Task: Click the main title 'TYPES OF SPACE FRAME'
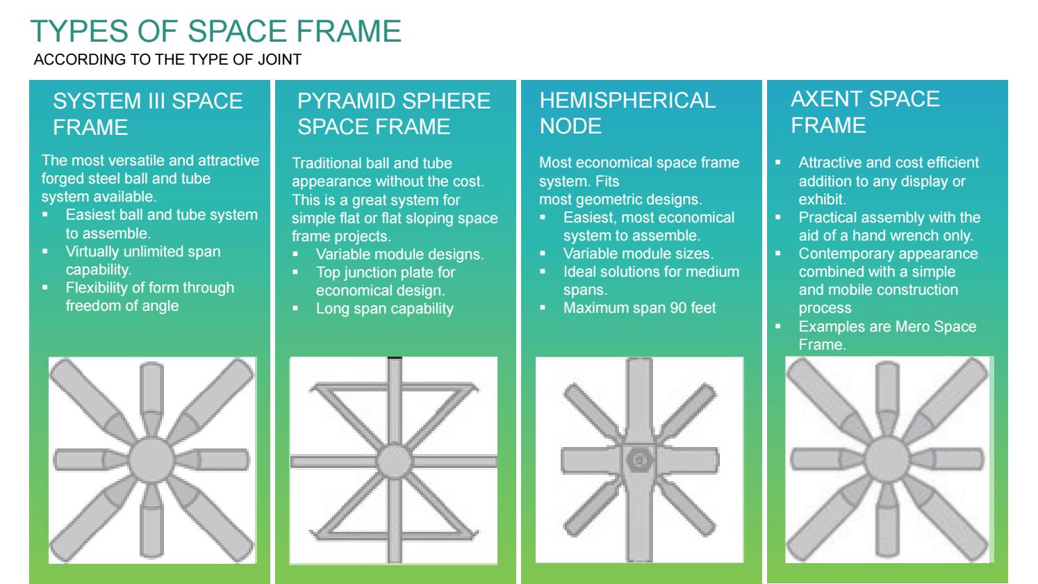pos(216,31)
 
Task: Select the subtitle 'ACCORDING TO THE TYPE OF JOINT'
pos(167,59)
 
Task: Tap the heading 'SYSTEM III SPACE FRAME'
pos(147,114)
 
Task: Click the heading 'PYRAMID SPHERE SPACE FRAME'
pos(394,113)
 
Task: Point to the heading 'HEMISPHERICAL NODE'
pos(627,113)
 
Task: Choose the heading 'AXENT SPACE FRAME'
pos(865,112)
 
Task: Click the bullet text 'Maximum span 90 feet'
pos(639,307)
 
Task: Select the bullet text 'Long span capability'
pos(385,309)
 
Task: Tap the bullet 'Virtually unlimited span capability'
pos(143,260)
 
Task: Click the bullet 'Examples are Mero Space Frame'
pos(887,335)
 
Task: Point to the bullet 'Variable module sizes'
pos(638,253)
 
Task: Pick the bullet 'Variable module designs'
pos(399,254)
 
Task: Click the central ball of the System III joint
pos(151,460)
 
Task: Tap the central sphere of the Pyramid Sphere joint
pos(394,461)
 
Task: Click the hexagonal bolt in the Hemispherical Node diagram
pos(639,460)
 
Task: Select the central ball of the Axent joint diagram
pos(887,459)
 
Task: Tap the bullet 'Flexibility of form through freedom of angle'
pos(149,296)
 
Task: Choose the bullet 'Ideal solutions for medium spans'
pos(651,281)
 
